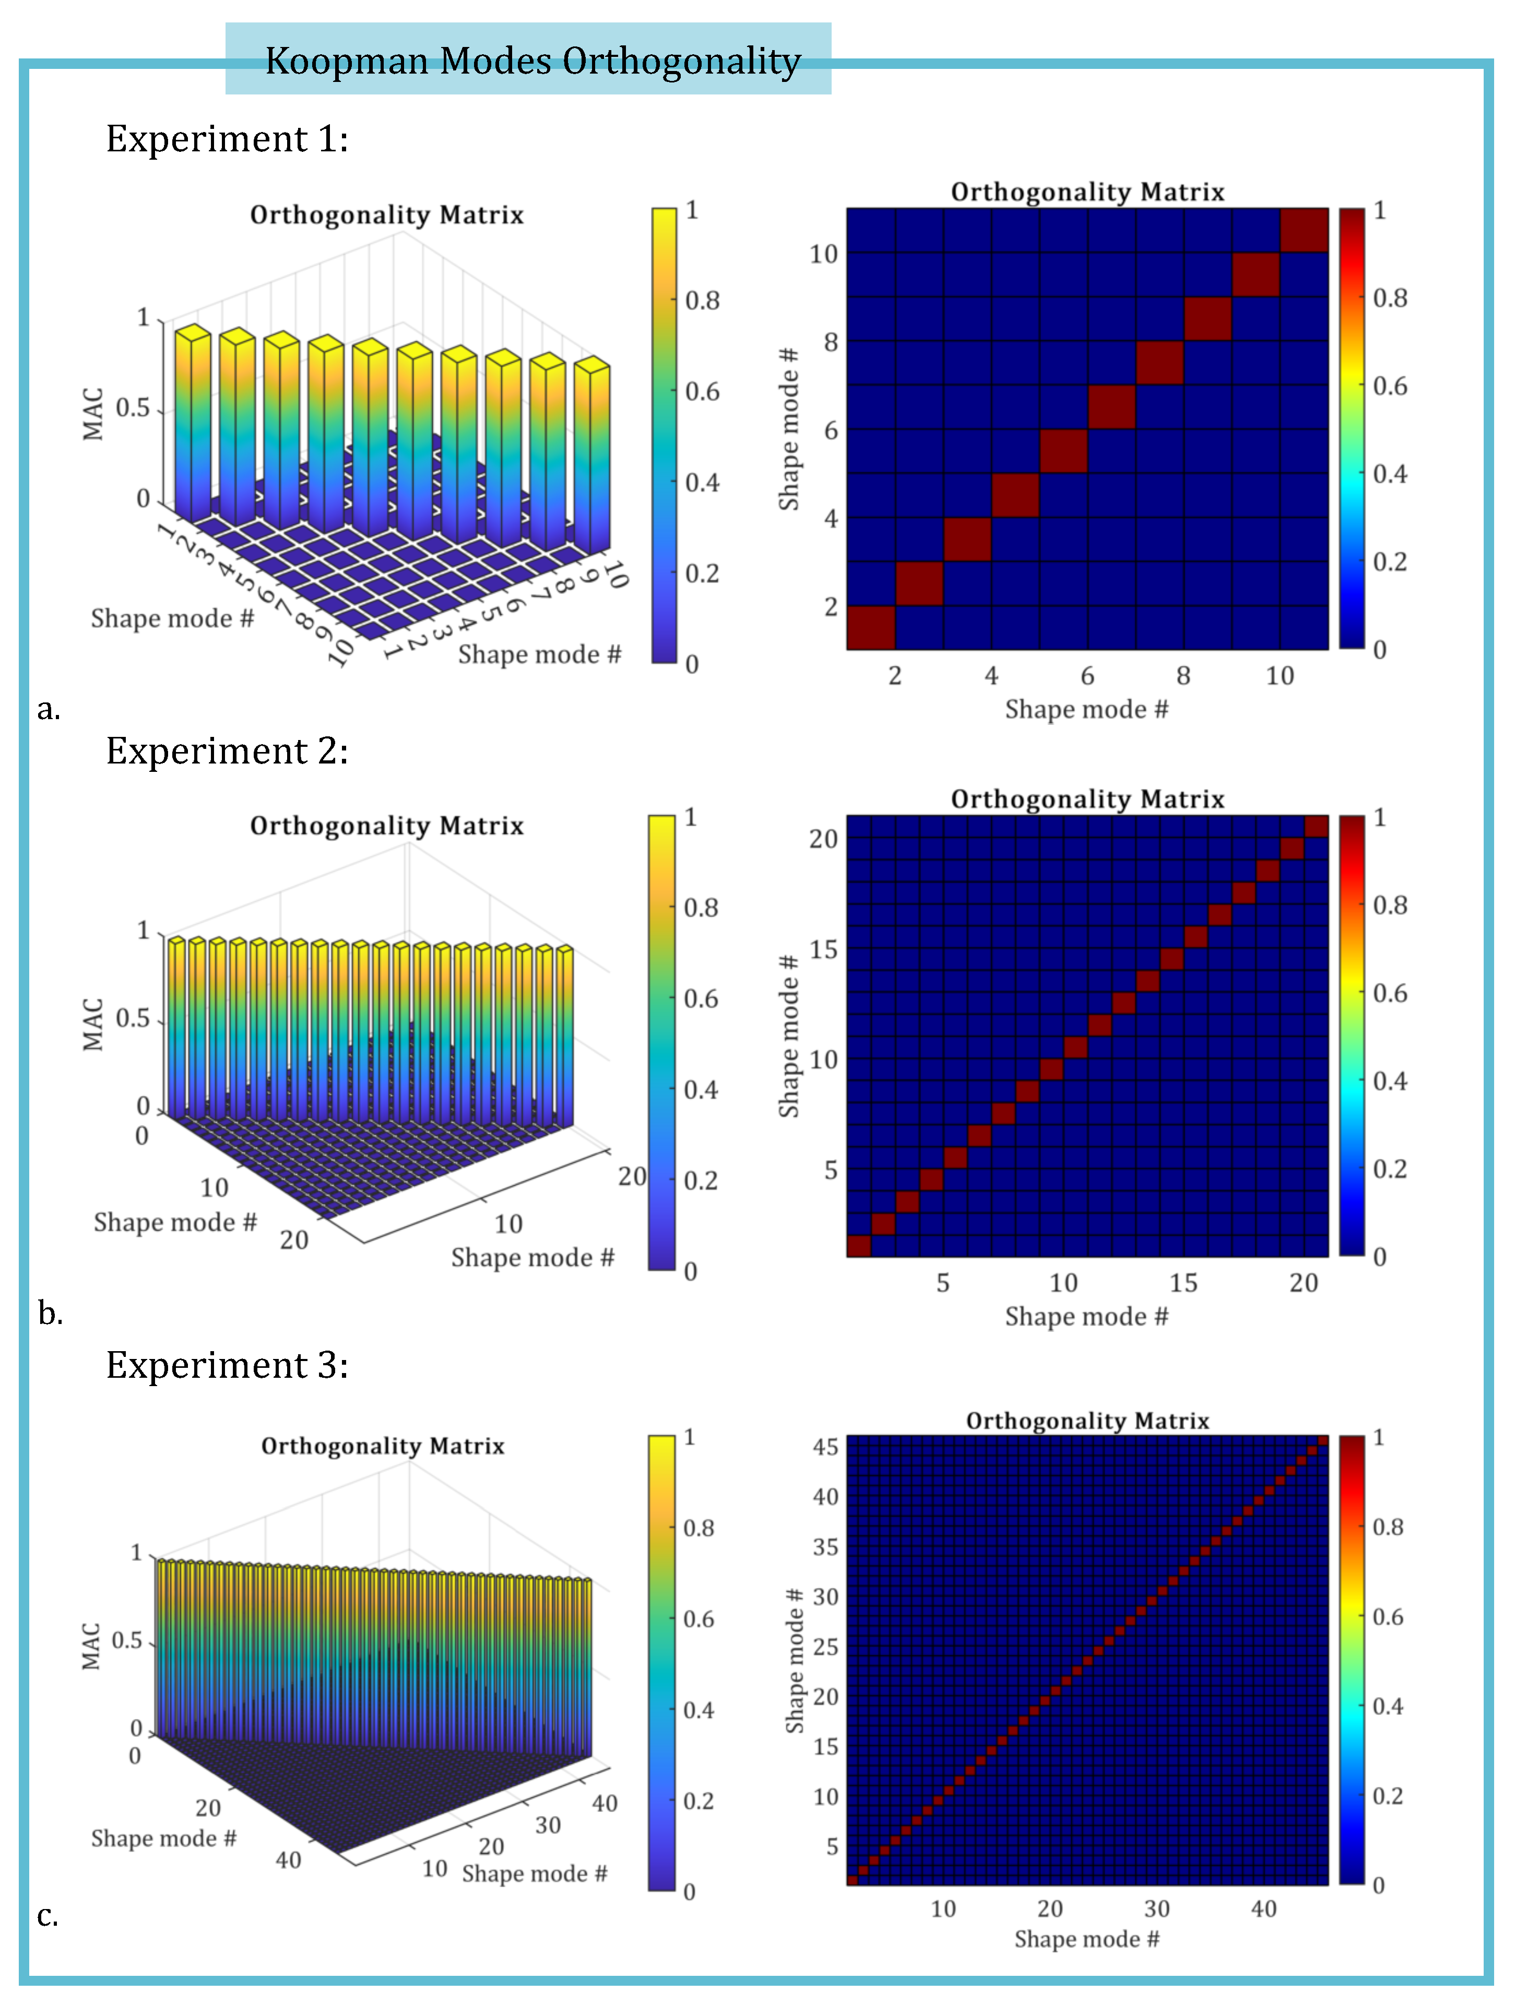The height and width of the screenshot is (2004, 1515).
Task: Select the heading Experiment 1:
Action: click(227, 139)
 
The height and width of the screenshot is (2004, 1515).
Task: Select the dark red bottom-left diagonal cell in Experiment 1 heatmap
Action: click(871, 627)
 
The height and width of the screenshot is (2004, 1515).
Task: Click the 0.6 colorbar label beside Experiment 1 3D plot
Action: click(701, 391)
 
